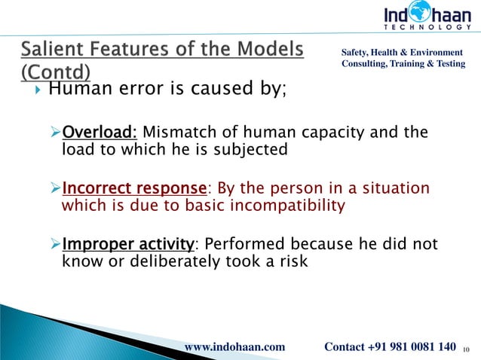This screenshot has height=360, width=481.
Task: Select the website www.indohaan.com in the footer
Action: [235, 346]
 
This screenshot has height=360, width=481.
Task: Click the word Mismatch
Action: [174, 133]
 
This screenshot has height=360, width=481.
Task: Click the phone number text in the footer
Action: [390, 346]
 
